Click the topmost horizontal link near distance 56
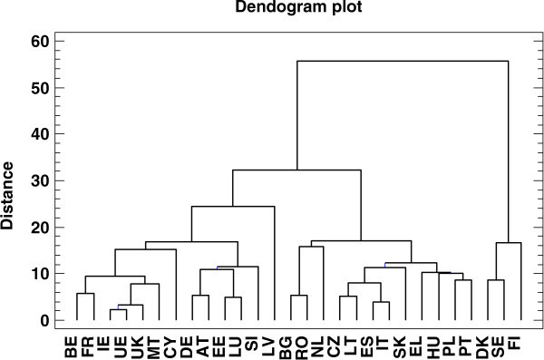(402, 61)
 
